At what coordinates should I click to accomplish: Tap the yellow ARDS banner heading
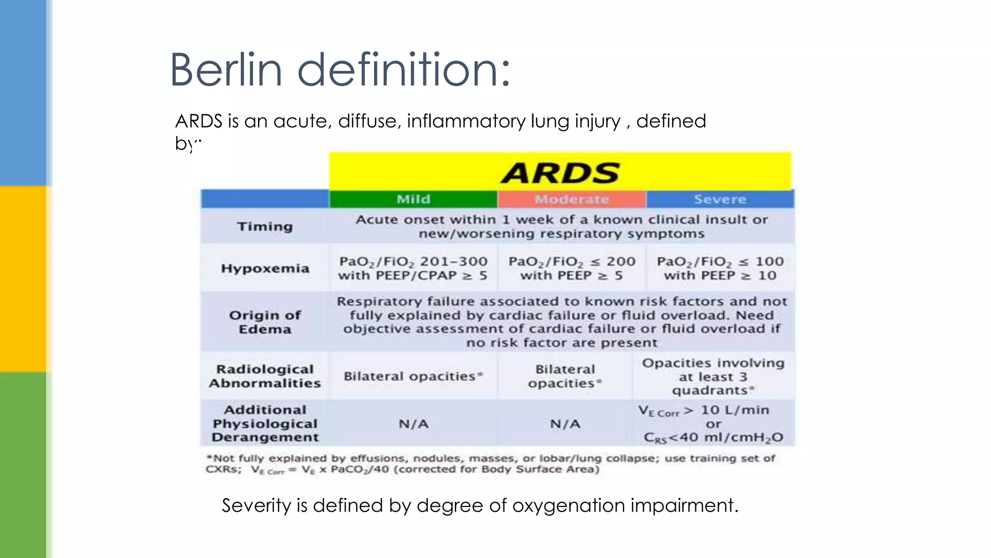click(x=560, y=172)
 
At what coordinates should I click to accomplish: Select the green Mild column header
click(x=413, y=199)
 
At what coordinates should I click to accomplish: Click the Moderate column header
click(x=572, y=199)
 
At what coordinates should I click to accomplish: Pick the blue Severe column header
click(x=720, y=199)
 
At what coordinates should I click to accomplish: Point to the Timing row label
click(x=265, y=226)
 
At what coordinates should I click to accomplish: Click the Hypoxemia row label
click(x=265, y=268)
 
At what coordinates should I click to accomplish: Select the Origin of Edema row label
click(x=265, y=322)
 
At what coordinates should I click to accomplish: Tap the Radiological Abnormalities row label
click(x=265, y=376)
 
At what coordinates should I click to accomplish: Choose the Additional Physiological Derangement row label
click(x=265, y=423)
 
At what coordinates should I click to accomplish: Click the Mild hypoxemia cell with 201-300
click(x=413, y=268)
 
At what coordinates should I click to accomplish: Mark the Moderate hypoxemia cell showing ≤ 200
click(x=571, y=268)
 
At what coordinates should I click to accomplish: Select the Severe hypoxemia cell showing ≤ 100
click(x=720, y=268)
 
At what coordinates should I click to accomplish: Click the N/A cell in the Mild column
click(x=413, y=424)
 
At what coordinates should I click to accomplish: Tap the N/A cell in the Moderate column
click(x=565, y=424)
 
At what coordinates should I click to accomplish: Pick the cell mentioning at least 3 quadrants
click(x=713, y=376)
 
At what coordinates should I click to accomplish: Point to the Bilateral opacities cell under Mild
click(x=413, y=376)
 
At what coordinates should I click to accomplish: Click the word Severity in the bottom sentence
click(x=256, y=505)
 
